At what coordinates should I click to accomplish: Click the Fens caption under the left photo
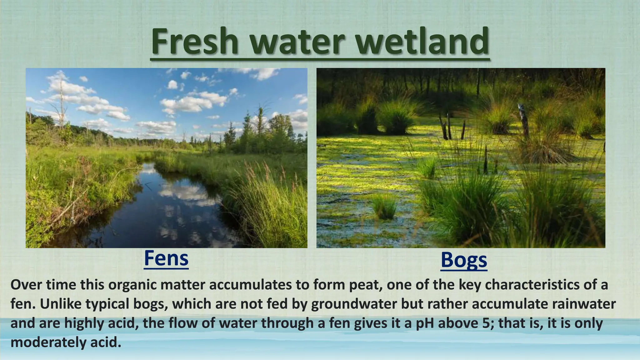[x=166, y=258]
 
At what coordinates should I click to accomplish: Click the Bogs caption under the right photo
[x=464, y=260]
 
